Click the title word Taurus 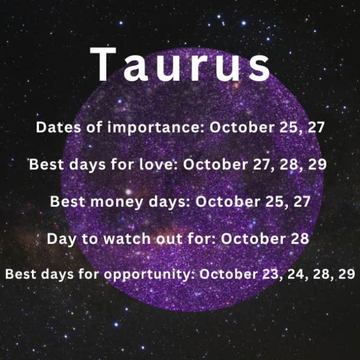[x=180, y=64]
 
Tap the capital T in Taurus [x=103, y=64]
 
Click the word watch [x=127, y=239]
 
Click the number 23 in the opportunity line [x=272, y=274]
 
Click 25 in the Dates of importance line [x=290, y=127]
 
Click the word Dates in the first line [x=58, y=127]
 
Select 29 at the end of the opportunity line [x=346, y=274]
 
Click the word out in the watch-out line [x=169, y=239]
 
